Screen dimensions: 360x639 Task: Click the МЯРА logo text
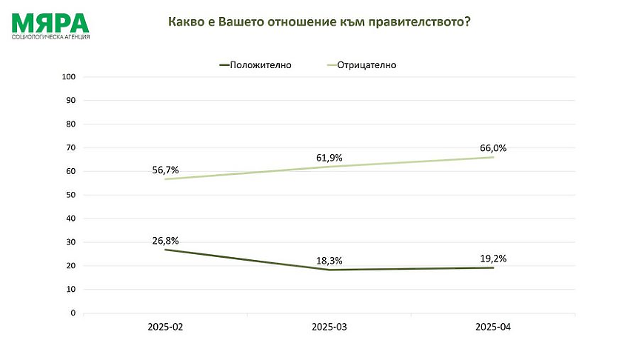pos(50,22)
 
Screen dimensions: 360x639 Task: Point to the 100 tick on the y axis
pos(70,77)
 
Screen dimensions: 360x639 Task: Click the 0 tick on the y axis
pos(74,313)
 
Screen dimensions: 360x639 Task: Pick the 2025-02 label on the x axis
pos(165,327)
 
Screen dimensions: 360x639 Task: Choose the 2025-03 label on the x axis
pos(329,327)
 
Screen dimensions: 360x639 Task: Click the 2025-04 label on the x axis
pos(493,327)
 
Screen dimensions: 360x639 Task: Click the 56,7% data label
pos(165,170)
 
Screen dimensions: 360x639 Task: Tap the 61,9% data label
pos(329,158)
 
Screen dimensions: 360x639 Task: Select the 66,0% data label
pos(492,148)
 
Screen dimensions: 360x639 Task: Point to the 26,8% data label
pos(165,240)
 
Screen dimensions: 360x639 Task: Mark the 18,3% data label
pos(329,260)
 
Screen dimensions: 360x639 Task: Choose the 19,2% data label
pos(492,258)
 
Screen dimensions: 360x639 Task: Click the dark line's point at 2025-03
pos(329,270)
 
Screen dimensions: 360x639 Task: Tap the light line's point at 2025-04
pos(493,157)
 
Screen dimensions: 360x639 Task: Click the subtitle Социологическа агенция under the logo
pos(51,36)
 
